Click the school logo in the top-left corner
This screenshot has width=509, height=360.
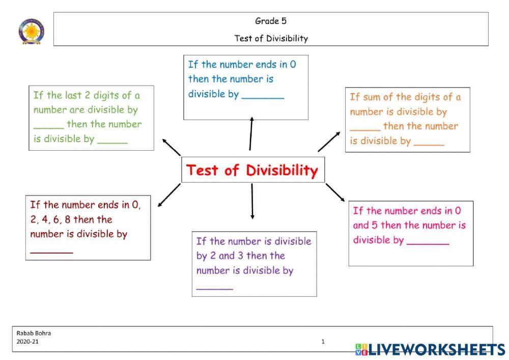click(x=32, y=31)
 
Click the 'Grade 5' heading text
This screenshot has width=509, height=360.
click(x=271, y=21)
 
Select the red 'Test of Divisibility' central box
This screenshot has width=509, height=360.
click(x=252, y=170)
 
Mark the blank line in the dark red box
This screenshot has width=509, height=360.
click(x=51, y=252)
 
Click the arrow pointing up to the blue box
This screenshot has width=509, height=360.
click(x=250, y=133)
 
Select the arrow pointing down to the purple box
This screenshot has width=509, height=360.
click(x=252, y=202)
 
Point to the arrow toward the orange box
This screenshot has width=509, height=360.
click(x=329, y=141)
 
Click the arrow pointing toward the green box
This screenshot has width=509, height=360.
click(x=172, y=146)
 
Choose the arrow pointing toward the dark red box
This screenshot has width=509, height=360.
click(x=169, y=196)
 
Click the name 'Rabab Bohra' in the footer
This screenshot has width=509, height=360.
click(x=34, y=334)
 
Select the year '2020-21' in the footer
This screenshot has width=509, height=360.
click(x=27, y=342)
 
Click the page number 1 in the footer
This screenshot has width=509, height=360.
click(x=323, y=342)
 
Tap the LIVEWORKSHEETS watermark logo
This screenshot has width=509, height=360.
click(x=430, y=349)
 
